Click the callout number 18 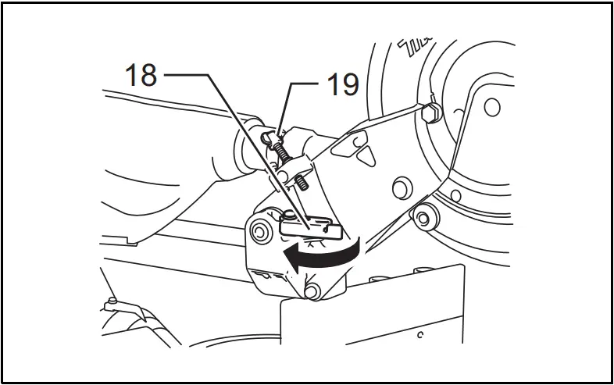pos(141,76)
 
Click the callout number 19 pos(341,84)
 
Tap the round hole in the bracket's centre pos(399,186)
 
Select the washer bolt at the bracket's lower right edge pos(424,216)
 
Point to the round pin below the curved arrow pos(312,291)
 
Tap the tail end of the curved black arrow pos(359,248)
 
